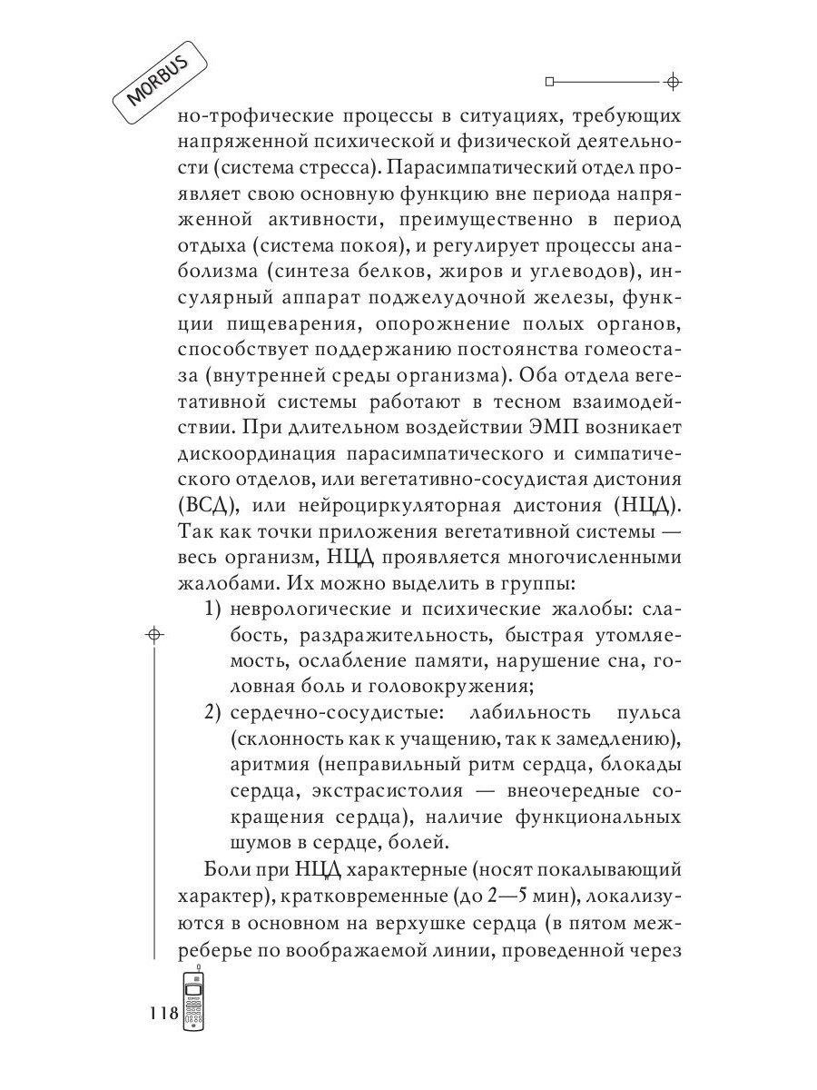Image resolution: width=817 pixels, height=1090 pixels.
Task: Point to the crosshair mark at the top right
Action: click(x=672, y=82)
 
